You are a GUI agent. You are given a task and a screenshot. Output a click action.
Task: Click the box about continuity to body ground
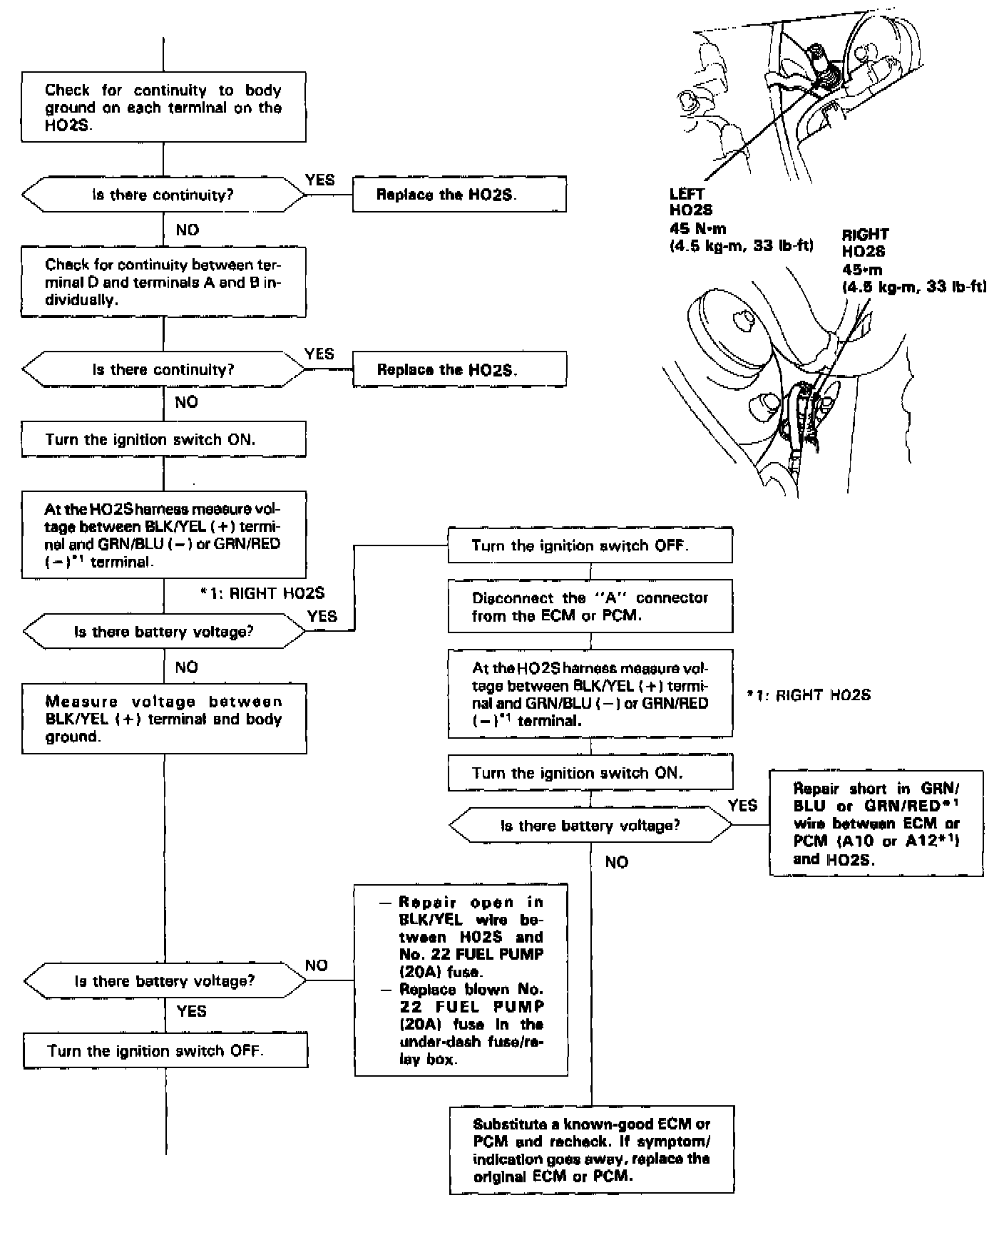click(x=163, y=107)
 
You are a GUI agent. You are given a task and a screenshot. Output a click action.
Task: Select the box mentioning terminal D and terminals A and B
click(x=163, y=282)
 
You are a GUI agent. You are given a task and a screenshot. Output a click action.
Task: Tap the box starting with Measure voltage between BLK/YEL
click(x=164, y=719)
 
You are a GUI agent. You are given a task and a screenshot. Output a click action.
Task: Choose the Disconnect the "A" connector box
click(x=590, y=606)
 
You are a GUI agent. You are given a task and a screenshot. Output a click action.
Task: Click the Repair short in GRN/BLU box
click(x=876, y=824)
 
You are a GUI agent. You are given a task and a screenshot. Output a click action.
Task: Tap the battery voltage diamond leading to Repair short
click(x=590, y=826)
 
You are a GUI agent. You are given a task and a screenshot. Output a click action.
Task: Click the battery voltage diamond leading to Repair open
click(x=164, y=980)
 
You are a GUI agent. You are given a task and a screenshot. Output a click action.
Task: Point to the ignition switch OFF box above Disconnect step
click(x=590, y=546)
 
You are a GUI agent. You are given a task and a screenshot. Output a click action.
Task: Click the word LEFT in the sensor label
click(x=687, y=194)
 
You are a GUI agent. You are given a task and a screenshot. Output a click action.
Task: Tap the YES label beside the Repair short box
click(x=742, y=805)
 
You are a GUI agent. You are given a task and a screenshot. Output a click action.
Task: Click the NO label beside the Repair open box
click(x=316, y=965)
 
